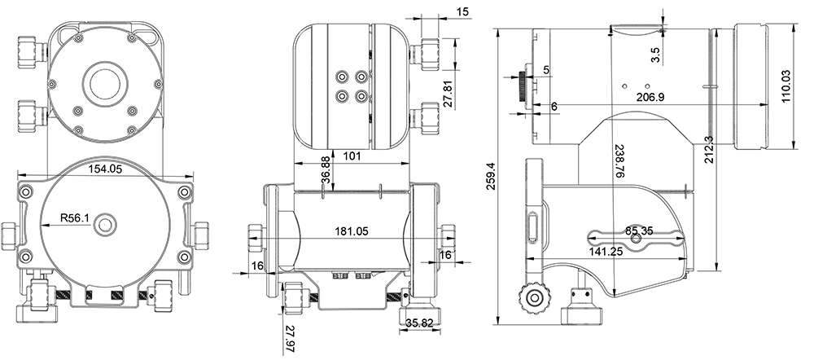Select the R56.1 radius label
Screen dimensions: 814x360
75,218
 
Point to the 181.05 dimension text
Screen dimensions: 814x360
352,231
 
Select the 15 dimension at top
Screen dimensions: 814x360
463,11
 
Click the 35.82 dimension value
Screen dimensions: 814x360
419,323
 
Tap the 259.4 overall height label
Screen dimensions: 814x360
491,176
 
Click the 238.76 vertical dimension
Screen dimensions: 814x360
619,160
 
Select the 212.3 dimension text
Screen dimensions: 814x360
709,150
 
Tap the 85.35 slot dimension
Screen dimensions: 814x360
639,230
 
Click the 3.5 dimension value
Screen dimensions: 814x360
655,55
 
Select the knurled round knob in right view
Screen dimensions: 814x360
534,298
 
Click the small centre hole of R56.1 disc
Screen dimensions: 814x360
105,225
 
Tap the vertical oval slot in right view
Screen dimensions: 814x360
533,226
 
